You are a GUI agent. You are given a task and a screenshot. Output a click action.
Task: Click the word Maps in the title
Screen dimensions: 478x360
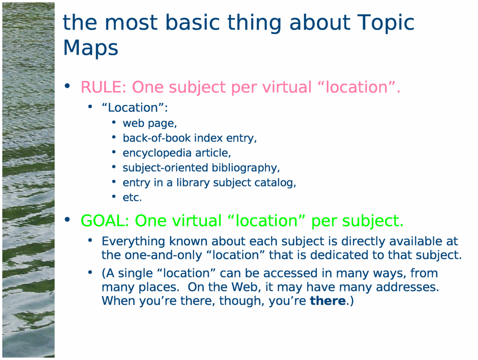[91, 48]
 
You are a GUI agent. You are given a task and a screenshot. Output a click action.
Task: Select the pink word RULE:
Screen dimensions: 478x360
[104, 87]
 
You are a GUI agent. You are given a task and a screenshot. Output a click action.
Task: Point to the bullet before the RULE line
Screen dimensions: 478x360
[67, 86]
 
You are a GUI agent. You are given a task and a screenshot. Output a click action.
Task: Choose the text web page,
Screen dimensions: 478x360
[150, 123]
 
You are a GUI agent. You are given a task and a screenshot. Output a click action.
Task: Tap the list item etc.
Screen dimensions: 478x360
[132, 198]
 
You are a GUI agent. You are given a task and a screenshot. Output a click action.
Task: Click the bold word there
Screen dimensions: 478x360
[328, 301]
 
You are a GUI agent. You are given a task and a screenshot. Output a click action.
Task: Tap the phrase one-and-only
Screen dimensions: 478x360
[163, 255]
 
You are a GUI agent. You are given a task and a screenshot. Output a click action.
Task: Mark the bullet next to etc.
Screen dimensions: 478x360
[114, 197]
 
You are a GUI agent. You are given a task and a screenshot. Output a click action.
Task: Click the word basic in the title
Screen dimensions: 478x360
[192, 23]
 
